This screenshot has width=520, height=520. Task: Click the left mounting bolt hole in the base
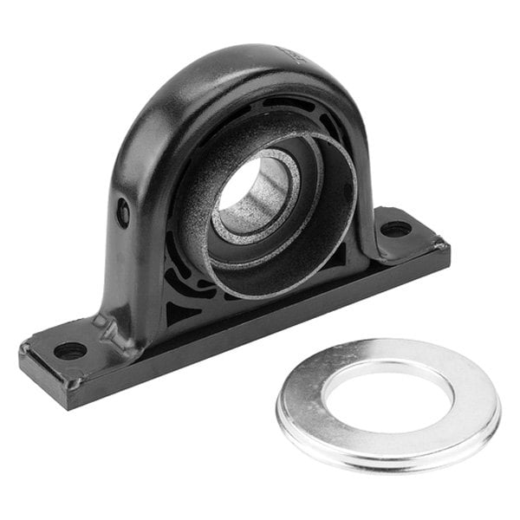pos(69,351)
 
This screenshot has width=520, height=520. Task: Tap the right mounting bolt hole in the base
pos(396,230)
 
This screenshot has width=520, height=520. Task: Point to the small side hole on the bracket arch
pos(123,211)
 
